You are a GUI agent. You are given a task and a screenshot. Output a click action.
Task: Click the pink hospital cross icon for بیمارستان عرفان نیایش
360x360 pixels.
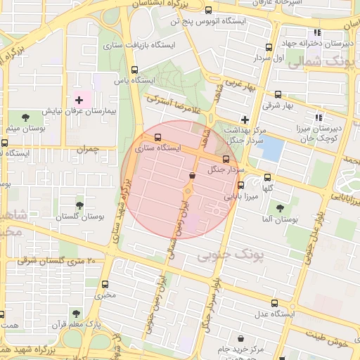click(79, 101)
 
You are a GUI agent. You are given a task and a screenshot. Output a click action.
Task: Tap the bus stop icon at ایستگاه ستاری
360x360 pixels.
click(157, 138)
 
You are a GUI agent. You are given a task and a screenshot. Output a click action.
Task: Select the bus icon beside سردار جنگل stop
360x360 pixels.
click(236, 159)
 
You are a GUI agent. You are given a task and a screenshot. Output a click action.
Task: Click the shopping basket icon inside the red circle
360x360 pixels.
click(192, 175)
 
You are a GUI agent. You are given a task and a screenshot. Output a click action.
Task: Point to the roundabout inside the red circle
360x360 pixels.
click(188, 191)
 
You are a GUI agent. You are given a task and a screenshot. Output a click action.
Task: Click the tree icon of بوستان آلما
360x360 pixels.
click(280, 208)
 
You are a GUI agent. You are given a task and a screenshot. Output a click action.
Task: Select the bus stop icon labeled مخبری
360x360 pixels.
click(105, 285)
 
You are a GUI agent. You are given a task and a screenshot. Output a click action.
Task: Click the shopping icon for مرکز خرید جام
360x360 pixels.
click(241, 339)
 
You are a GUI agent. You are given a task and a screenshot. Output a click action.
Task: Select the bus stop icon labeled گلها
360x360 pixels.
click(267, 178)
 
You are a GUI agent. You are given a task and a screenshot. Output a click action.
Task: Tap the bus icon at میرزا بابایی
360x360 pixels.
click(241, 186)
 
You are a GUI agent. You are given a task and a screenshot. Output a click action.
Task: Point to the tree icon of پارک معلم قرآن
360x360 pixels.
click(77, 314)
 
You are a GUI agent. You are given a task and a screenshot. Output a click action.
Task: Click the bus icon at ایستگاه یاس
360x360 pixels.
click(135, 70)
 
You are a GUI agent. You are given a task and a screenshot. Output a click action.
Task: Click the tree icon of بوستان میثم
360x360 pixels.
click(26, 117)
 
